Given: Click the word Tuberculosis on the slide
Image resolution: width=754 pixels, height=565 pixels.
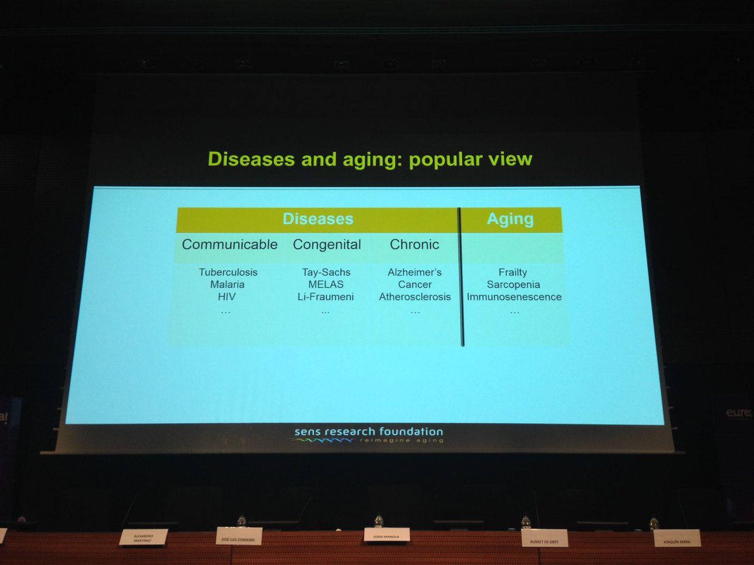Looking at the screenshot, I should pos(228,272).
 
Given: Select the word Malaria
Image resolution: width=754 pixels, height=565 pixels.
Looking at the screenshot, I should pos(227,284).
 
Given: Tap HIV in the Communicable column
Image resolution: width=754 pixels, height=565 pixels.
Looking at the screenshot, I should pos(227,296).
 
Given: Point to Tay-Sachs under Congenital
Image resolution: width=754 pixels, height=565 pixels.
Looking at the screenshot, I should pos(325,272).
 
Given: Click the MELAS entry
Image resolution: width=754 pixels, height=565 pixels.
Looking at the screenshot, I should pos(325,284).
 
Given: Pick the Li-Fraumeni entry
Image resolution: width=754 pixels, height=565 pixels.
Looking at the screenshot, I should pos(325,296).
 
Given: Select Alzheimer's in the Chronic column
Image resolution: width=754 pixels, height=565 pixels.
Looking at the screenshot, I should pos(415,272).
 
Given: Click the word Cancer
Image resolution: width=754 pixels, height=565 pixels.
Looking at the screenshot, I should pos(415,284).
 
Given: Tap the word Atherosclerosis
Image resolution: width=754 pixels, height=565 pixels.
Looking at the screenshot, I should pos(415,296).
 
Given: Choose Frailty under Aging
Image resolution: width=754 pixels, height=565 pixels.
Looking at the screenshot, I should pos(513,272).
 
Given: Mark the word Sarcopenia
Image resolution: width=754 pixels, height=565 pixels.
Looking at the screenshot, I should pos(513,284).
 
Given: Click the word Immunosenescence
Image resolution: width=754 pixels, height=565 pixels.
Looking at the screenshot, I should pos(514,296).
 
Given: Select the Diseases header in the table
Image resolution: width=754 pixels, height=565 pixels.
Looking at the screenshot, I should pos(318,219).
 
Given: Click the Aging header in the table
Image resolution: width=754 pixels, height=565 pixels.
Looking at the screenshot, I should pos(510,219).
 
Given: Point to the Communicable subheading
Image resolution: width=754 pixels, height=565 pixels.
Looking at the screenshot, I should pos(229,245).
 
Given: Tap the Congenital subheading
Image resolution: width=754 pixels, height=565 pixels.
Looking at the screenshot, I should pos(327,245).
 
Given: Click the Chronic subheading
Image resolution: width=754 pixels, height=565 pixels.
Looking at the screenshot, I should pos(414,245).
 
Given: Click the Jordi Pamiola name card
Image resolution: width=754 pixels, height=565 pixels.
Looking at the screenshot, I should pos(386,534).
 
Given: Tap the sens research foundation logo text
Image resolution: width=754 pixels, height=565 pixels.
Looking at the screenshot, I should pos(369,432).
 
